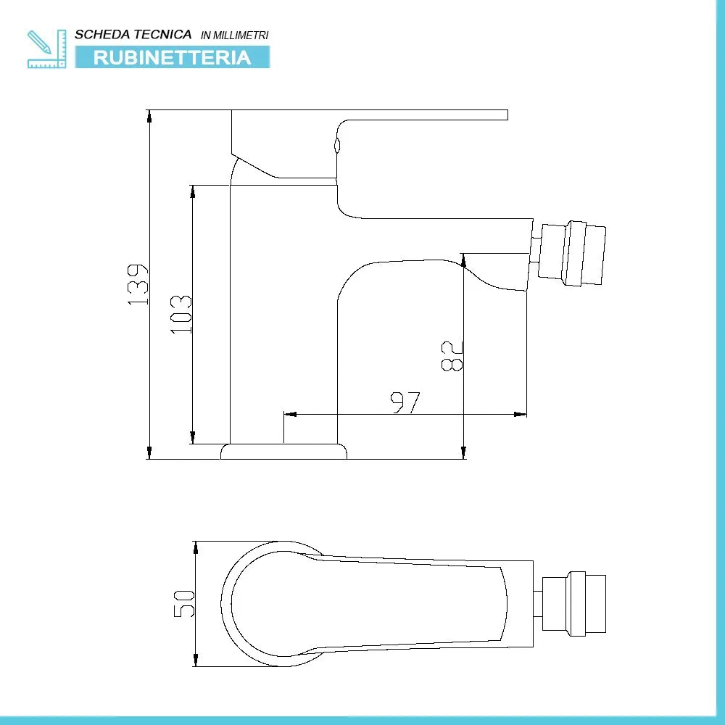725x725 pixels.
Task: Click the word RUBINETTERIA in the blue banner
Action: (x=172, y=57)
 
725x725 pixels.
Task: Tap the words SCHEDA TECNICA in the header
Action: (x=133, y=34)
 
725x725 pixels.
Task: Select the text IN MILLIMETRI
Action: (x=234, y=35)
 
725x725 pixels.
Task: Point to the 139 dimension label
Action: (x=138, y=283)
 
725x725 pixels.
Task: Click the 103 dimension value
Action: (x=181, y=313)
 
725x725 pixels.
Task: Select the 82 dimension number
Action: (x=452, y=356)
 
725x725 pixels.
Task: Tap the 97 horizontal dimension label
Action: (x=405, y=402)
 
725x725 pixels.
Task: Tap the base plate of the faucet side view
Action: (x=283, y=452)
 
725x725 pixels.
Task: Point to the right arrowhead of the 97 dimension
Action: (x=521, y=415)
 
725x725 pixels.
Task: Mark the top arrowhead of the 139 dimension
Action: (x=149, y=115)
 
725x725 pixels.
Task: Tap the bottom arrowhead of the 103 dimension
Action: (x=193, y=438)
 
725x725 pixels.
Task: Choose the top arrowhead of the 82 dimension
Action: (x=463, y=259)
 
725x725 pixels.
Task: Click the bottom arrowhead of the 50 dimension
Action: (x=196, y=660)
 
